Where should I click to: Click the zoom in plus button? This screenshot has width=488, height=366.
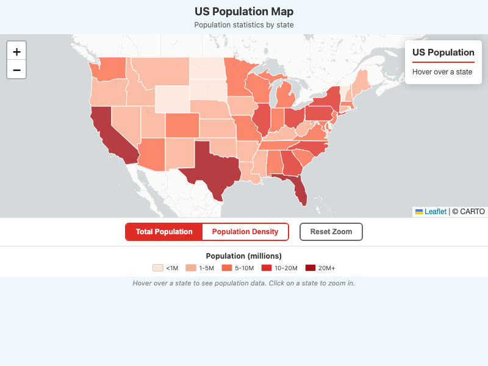coord(16,51)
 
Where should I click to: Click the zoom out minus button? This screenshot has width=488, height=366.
coord(16,70)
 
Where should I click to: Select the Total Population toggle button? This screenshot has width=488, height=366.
coord(164,232)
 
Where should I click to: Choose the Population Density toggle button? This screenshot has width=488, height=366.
coord(245,232)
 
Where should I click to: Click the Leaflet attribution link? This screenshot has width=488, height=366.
coord(436,212)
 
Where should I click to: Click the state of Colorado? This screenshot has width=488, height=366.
coord(181,125)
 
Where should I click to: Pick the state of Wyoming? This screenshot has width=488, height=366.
coord(172,98)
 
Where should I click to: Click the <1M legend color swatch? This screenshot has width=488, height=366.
coord(158,268)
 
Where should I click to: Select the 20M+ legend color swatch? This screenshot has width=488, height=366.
coord(310,268)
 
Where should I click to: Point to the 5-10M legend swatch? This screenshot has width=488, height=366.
coord(227,268)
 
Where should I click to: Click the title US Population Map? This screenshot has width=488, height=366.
coord(244,12)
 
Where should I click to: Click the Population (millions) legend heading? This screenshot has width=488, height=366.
coord(244,256)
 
